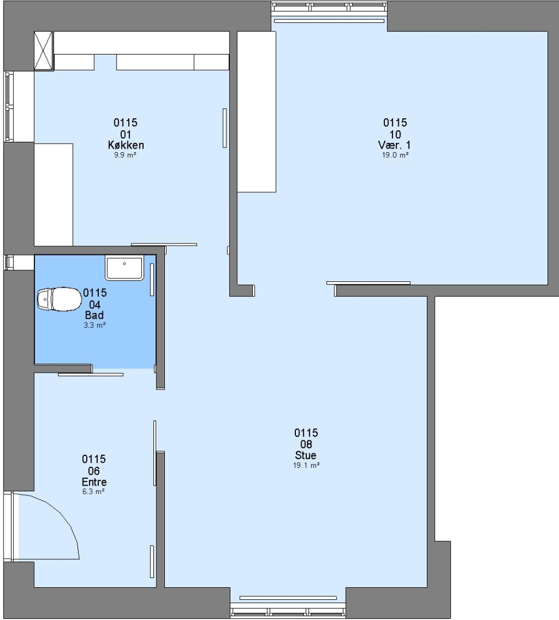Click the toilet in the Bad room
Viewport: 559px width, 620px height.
(x=59, y=299)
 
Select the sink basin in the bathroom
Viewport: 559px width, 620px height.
(x=124, y=268)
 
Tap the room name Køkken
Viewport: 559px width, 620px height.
(x=126, y=145)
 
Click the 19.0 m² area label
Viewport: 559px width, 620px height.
(x=395, y=156)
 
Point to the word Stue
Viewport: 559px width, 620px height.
(x=306, y=455)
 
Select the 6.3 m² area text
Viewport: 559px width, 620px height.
(x=94, y=491)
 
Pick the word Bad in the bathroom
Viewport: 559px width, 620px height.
(x=94, y=315)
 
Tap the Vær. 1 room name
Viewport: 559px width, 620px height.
(x=395, y=145)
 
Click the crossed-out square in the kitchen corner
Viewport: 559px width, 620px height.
(x=44, y=52)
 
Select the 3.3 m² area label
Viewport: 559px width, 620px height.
(x=94, y=325)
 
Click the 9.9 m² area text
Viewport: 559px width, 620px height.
(x=125, y=156)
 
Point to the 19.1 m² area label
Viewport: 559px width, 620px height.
(x=306, y=466)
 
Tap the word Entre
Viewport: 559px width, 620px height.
(x=94, y=482)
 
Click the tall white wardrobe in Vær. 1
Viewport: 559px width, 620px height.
(x=256, y=112)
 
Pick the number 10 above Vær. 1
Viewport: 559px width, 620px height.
(x=395, y=134)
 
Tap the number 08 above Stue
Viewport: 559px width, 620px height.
(x=306, y=444)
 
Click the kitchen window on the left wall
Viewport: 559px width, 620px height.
(x=9, y=106)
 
